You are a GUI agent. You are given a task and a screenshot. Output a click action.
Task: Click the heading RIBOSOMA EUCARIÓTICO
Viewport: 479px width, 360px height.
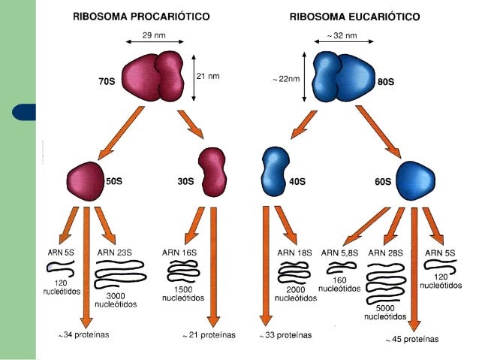pyautogui.click(x=354, y=16)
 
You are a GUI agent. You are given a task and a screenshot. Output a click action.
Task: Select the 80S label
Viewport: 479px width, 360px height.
pyautogui.click(x=386, y=80)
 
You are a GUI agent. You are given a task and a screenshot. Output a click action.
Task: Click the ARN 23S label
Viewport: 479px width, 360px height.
pyautogui.click(x=116, y=253)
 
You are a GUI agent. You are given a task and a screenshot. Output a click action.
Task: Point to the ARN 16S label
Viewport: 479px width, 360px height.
pyautogui.click(x=181, y=253)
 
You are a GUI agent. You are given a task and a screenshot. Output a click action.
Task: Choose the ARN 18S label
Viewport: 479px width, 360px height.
pyautogui.click(x=294, y=253)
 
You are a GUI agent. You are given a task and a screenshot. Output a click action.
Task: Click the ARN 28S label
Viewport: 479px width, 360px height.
pyautogui.click(x=387, y=253)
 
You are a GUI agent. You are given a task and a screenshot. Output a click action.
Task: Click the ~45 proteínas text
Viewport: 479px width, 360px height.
pyautogui.click(x=412, y=340)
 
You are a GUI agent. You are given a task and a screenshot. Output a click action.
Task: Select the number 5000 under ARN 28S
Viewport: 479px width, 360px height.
pyautogui.click(x=385, y=308)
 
